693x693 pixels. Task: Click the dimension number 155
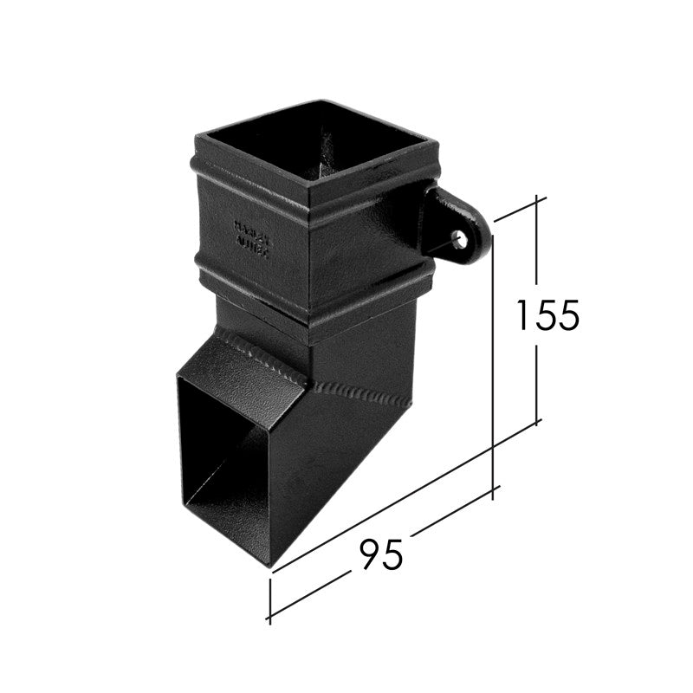tap(547, 314)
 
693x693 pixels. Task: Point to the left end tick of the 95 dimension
tap(270, 599)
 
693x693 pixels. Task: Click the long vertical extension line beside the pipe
tap(493, 364)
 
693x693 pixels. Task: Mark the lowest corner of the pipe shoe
tap(271, 567)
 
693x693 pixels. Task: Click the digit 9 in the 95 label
tap(367, 554)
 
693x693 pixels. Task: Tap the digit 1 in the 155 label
tap(522, 314)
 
